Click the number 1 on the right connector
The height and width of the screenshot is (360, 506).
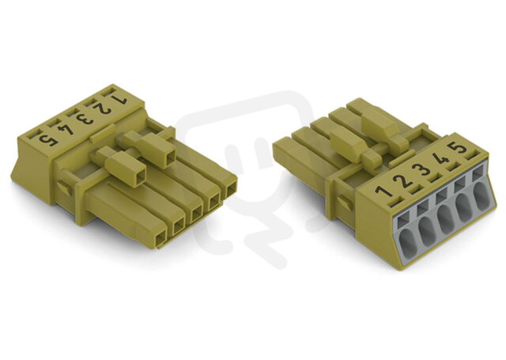(x=383, y=190)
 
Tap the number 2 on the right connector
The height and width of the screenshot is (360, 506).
(x=402, y=180)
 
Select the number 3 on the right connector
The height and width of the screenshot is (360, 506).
(x=421, y=169)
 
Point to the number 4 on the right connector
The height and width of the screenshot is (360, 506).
(x=441, y=158)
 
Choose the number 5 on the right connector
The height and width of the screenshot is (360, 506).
(x=459, y=148)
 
